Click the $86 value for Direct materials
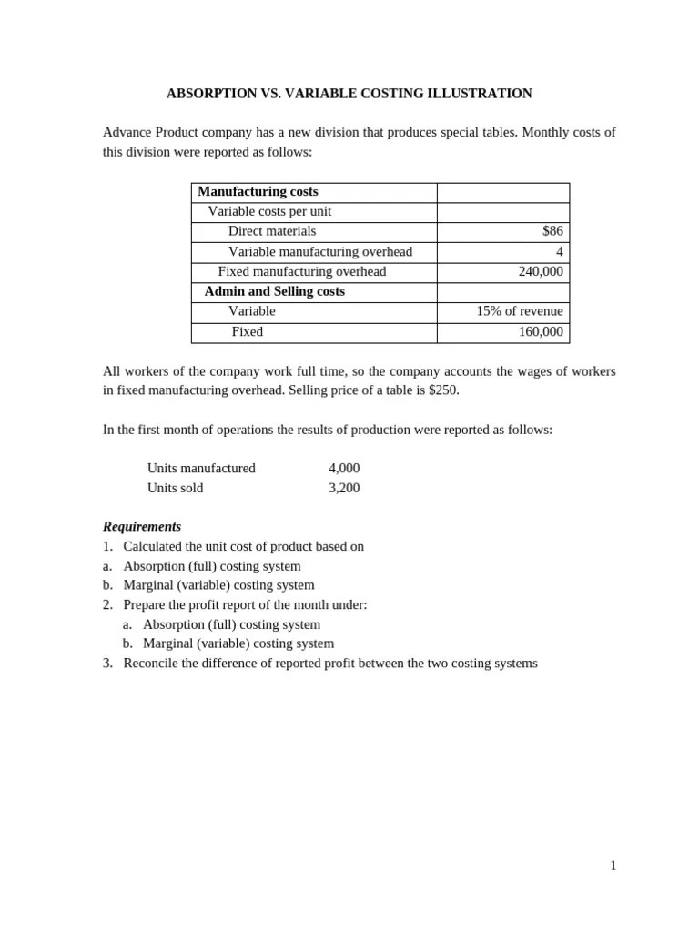coord(552,231)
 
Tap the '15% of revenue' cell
coord(519,311)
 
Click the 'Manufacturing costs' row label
coord(258,191)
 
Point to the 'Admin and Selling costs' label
coord(274,291)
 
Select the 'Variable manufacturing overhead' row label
coord(319,251)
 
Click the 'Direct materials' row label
coord(271,231)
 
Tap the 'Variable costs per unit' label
coord(269,211)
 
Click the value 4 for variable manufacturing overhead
coord(559,251)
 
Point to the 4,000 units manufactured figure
coord(344,468)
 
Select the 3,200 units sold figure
coord(344,488)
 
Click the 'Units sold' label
coord(175,488)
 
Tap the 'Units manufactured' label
coord(201,468)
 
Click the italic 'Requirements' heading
coord(142,526)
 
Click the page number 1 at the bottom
coord(613,866)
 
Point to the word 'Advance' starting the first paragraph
coord(127,132)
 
